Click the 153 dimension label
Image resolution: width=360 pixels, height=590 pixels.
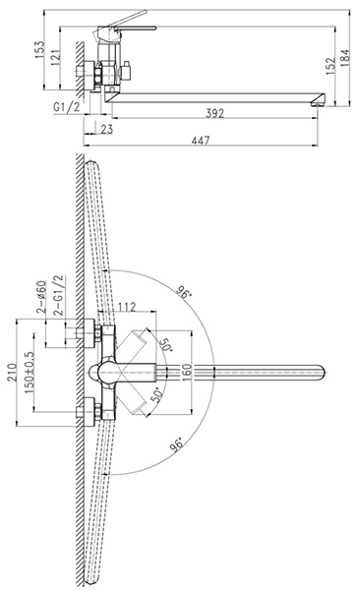39,50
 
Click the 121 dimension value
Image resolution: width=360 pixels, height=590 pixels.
55,58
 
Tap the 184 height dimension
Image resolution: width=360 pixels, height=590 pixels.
345,58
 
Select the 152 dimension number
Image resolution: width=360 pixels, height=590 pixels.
330,66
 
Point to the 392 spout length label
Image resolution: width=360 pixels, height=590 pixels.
214,113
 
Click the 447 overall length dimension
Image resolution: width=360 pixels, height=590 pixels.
201,141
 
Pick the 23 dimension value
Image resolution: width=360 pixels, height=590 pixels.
107,129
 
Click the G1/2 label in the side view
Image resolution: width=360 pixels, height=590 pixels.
67,107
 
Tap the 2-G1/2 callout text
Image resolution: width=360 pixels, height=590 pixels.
58,295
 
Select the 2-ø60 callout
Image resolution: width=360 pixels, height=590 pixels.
41,297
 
